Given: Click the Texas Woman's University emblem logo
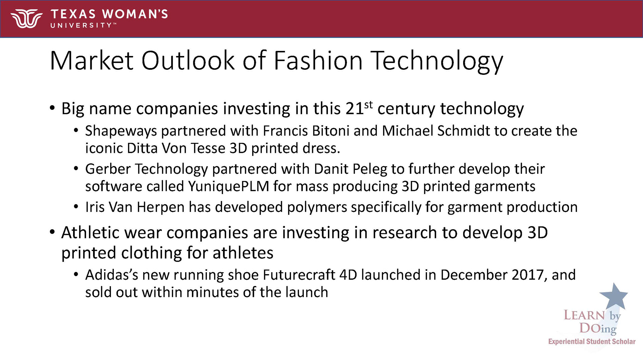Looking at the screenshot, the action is pyautogui.click(x=26, y=19).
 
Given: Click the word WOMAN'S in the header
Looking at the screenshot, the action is pyautogui.click(x=135, y=14).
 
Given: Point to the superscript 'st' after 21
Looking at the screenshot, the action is pyautogui.click(x=368, y=105).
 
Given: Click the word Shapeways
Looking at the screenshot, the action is pyautogui.click(x=121, y=131).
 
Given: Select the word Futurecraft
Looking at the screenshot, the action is pyautogui.click(x=299, y=275).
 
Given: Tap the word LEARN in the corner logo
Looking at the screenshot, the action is pyautogui.click(x=584, y=315).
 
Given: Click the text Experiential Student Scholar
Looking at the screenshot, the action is pyautogui.click(x=592, y=342).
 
